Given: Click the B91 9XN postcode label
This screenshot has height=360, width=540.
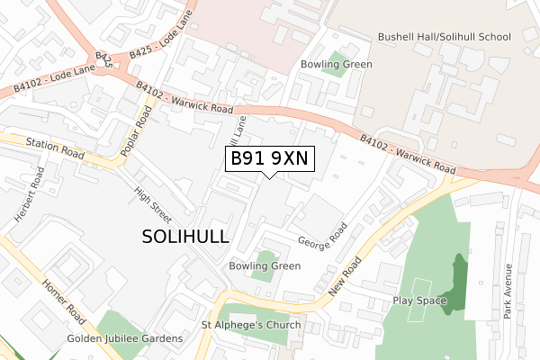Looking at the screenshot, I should pyautogui.click(x=269, y=158).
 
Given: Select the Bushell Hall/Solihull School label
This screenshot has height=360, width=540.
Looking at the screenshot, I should pyautogui.click(x=445, y=37).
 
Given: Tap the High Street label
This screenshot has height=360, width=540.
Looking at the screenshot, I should pyautogui.click(x=152, y=204).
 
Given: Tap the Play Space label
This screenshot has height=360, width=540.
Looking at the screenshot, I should pyautogui.click(x=419, y=301).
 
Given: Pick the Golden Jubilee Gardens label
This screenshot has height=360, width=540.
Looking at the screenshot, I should pyautogui.click(x=125, y=338).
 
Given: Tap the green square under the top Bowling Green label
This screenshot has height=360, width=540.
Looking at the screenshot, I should pyautogui.click(x=337, y=64).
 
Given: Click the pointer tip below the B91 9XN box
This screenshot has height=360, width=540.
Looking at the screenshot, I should pyautogui.click(x=269, y=177).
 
